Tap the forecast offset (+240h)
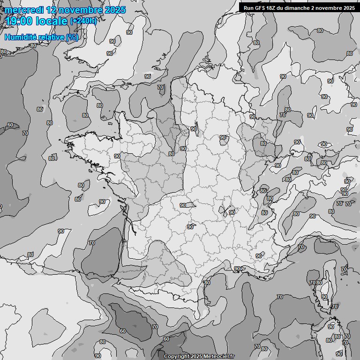pyautogui.click(x=83, y=21)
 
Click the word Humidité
pyautogui.click(x=21, y=37)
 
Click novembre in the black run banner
pyautogui.click(x=328, y=7)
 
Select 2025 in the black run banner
pyautogui.click(x=349, y=7)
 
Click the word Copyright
pyautogui.click(x=177, y=356)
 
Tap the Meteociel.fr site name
pyautogui.click(x=219, y=356)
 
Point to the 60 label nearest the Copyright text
pyautogui.click(x=166, y=339)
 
